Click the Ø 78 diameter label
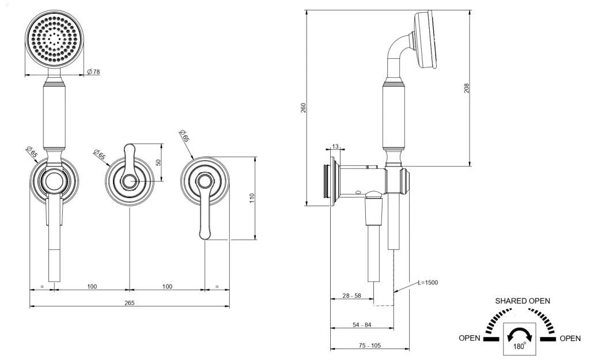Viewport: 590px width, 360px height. click(x=93, y=71)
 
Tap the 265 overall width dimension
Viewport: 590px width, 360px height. click(x=129, y=303)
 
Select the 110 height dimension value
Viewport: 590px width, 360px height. click(x=252, y=198)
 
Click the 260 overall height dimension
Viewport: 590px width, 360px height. click(x=303, y=108)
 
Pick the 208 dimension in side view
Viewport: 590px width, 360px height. click(x=467, y=88)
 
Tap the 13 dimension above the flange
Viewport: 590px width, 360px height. click(x=335, y=146)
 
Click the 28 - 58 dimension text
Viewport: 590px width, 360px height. click(x=352, y=295)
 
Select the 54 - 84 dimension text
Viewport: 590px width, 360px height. click(x=362, y=325)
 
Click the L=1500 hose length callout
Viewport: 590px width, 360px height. click(x=428, y=282)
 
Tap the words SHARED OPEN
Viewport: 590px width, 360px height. click(x=522, y=301)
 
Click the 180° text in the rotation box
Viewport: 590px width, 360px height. click(x=520, y=347)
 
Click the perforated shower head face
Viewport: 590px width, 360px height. click(x=55, y=39)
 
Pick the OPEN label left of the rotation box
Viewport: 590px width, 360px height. click(x=469, y=339)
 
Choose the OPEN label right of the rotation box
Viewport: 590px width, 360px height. click(x=570, y=339)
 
